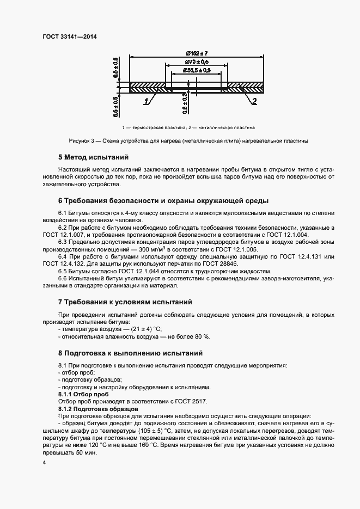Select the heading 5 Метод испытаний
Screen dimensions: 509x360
click(x=93, y=157)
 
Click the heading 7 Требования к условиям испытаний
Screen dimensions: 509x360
click(x=125, y=302)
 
